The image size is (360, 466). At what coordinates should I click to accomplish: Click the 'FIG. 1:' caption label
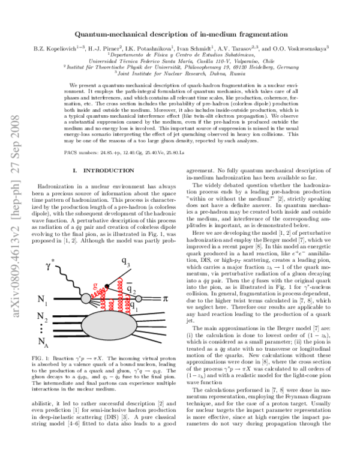pos(41,358)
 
